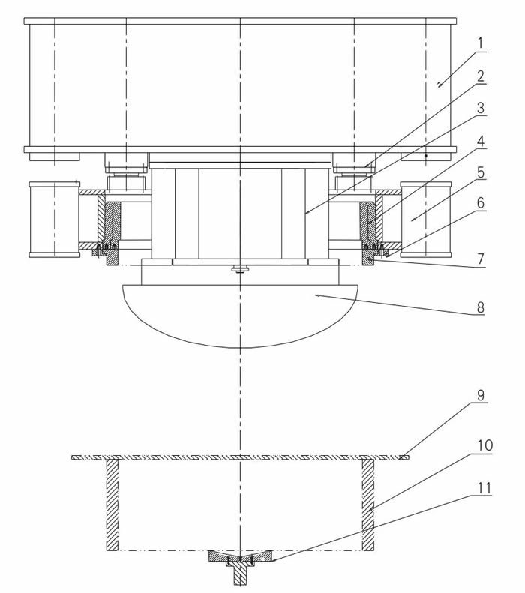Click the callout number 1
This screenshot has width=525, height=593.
pyautogui.click(x=480, y=44)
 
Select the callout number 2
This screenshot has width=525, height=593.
pyautogui.click(x=480, y=76)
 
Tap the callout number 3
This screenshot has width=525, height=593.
pyautogui.click(x=480, y=109)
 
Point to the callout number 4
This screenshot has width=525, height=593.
pyautogui.click(x=480, y=142)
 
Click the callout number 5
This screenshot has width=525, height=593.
pyautogui.click(x=480, y=173)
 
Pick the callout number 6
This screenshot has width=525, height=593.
pyautogui.click(x=480, y=203)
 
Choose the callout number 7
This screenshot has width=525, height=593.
pyautogui.click(x=480, y=259)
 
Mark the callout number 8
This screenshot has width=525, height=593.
pyautogui.click(x=480, y=307)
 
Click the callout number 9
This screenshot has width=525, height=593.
pyautogui.click(x=480, y=395)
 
